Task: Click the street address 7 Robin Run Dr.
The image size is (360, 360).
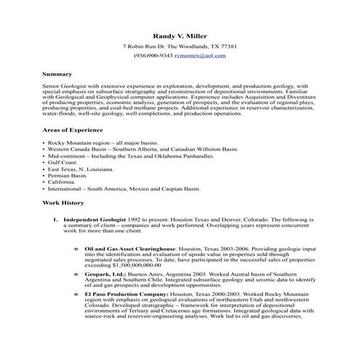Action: pos(146,47)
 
